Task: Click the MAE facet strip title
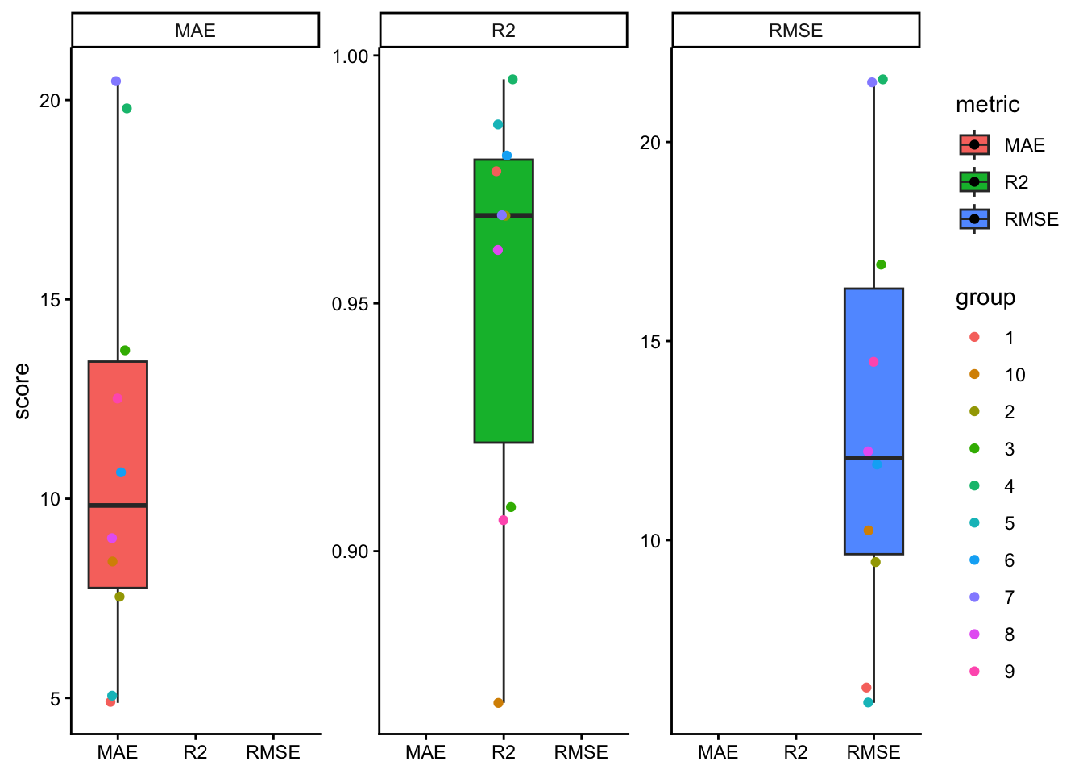point(195,31)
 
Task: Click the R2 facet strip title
point(503,31)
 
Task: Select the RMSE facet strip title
point(795,31)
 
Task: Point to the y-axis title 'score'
point(22,391)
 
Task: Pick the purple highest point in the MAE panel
point(116,81)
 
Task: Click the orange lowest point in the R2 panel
point(498,703)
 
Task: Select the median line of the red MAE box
point(118,506)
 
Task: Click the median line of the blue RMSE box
point(873,458)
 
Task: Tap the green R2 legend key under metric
point(974,182)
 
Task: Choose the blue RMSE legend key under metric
point(974,219)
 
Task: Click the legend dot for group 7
point(974,597)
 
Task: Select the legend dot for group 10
point(974,375)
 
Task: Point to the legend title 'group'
point(985,298)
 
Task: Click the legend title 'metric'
point(987,105)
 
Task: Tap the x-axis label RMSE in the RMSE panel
point(873,753)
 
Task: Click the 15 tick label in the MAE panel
point(50,300)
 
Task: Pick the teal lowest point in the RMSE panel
point(868,703)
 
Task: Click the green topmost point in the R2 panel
point(512,80)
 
